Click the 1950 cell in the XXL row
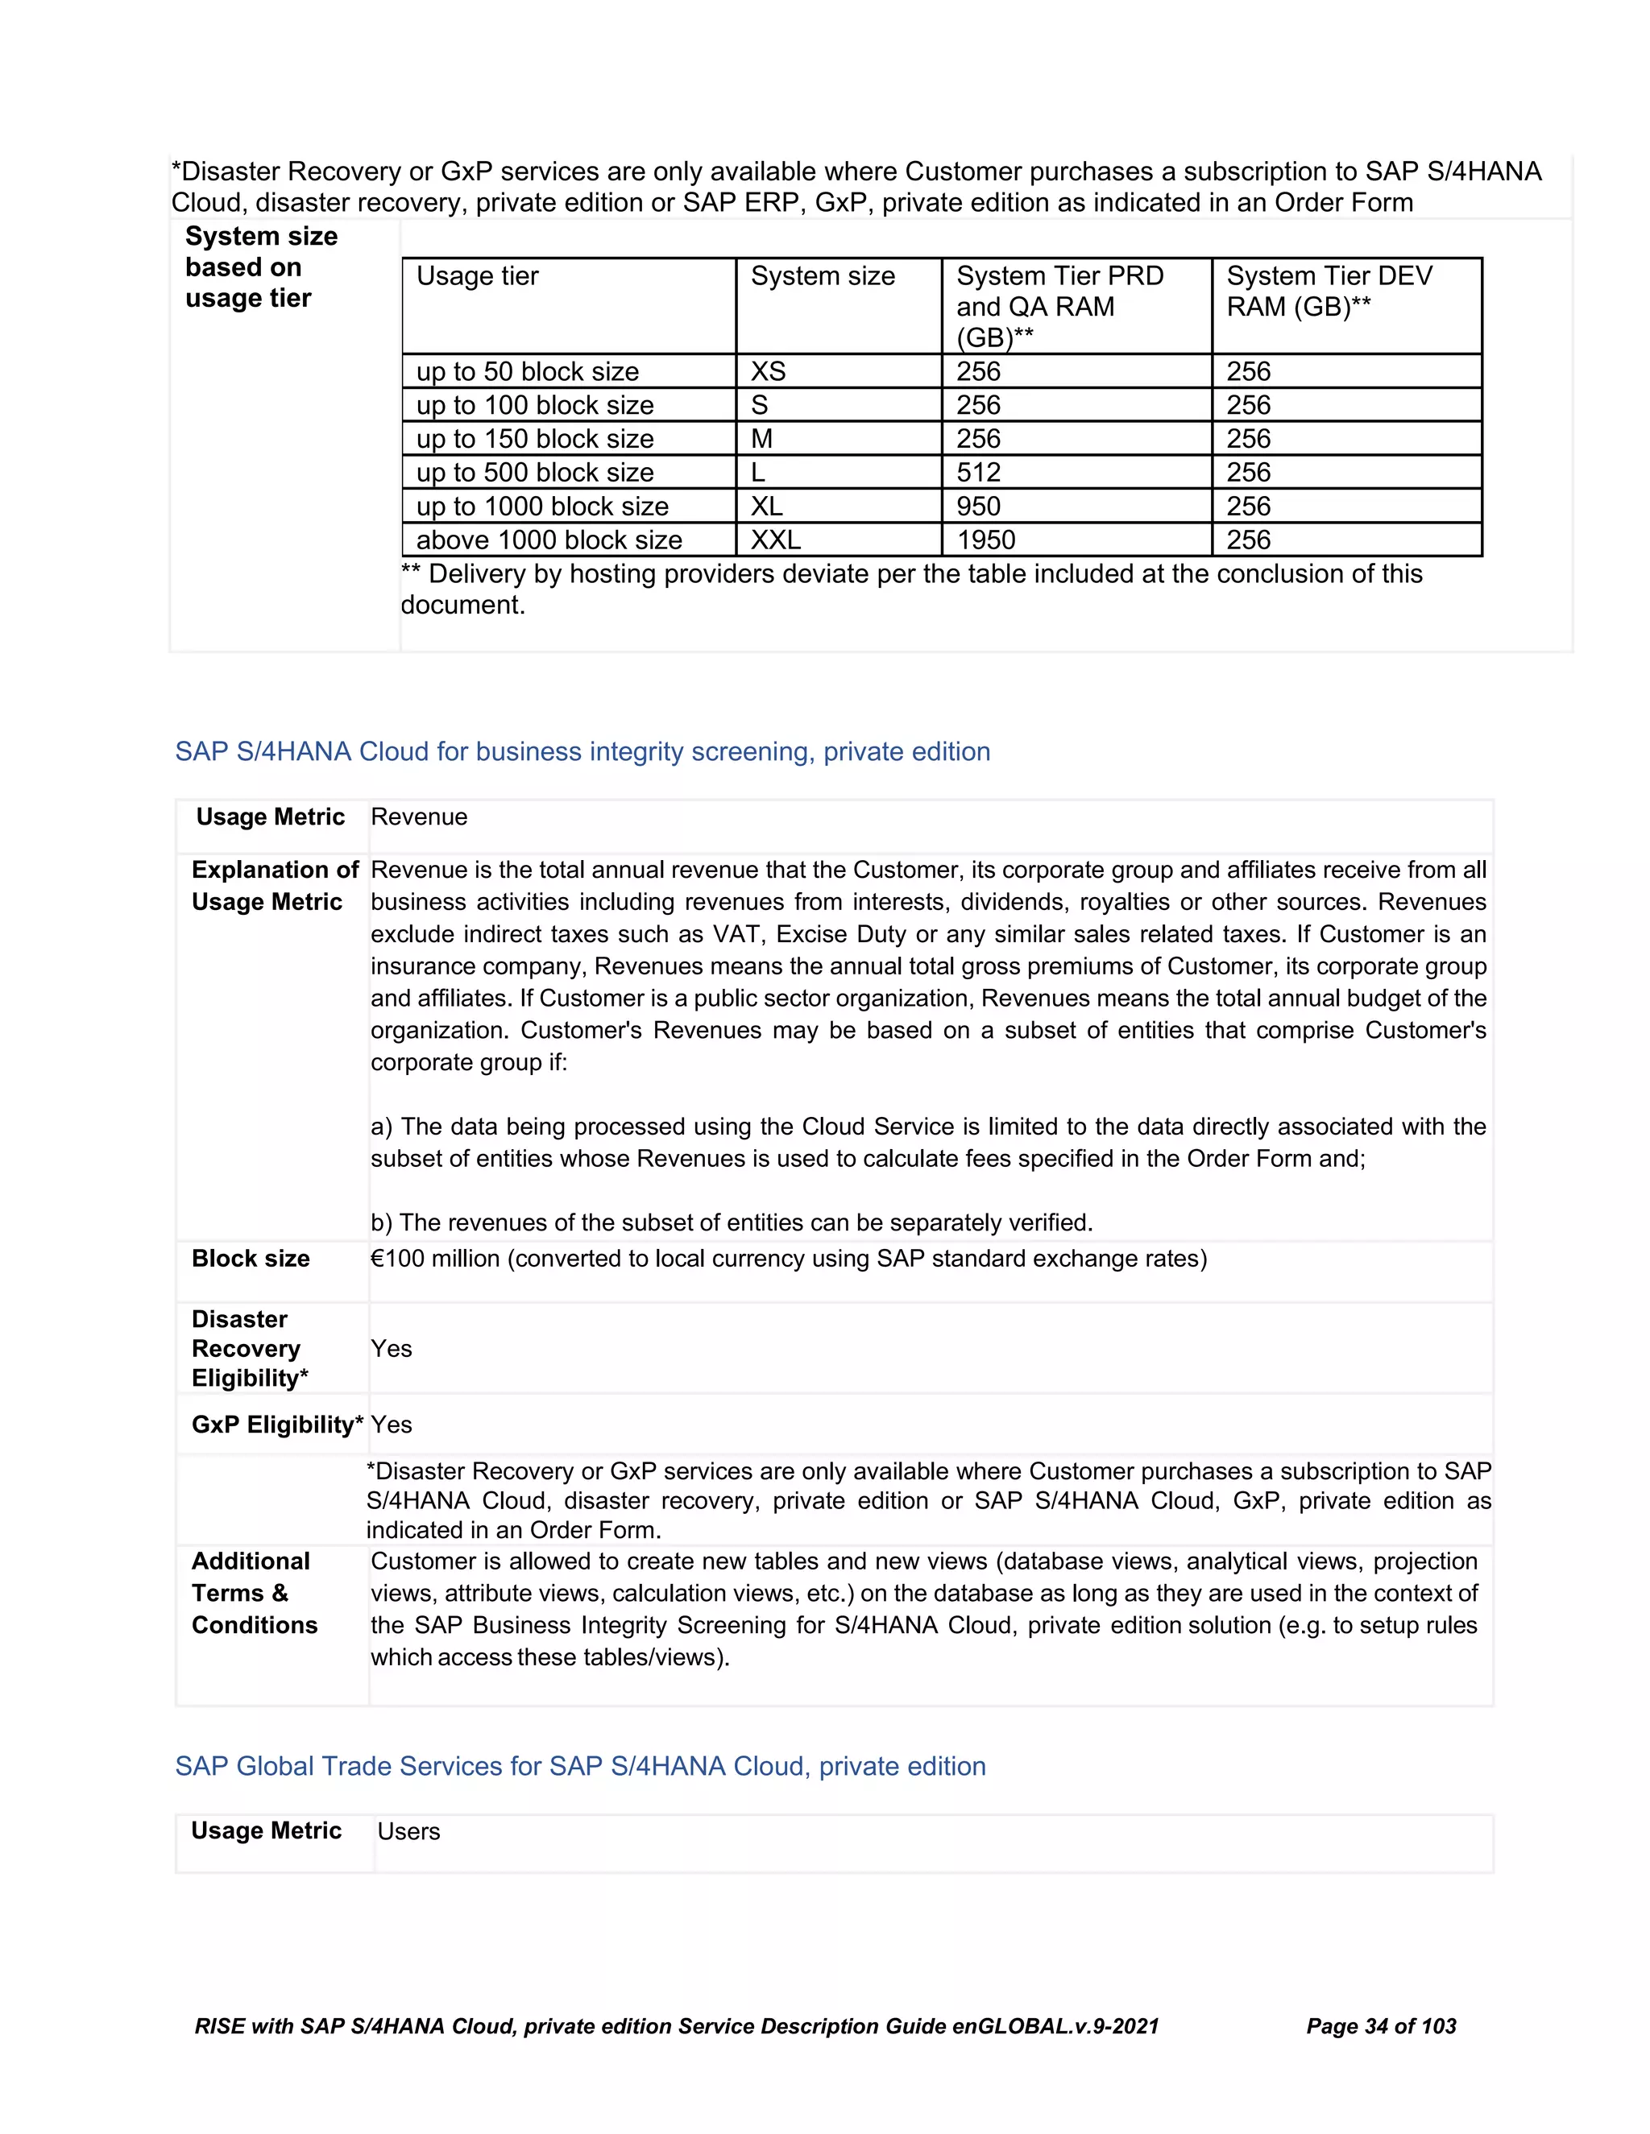985,540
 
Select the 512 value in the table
978,472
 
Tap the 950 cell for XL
978,507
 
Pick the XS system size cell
769,371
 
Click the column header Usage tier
477,276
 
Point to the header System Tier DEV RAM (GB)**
1329,292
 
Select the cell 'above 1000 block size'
549,540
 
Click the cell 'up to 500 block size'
535,472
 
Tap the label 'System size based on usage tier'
261,267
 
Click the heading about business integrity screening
582,751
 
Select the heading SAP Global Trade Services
581,1766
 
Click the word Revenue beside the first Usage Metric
418,817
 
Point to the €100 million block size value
788,1259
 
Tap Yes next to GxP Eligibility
391,1425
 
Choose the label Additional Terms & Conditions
254,1593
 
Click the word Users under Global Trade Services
408,1831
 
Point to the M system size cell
761,439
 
